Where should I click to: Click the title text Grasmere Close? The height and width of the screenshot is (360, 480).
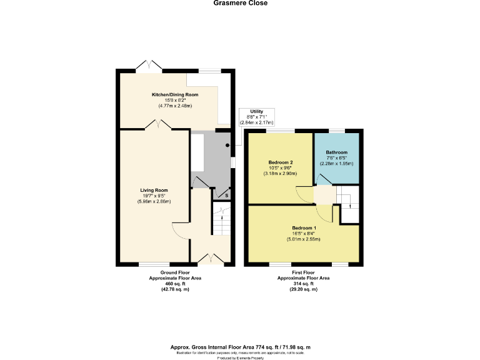[x=240, y=3]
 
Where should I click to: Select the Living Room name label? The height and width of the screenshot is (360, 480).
[x=154, y=190]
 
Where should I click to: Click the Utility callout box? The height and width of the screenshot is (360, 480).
[x=257, y=117]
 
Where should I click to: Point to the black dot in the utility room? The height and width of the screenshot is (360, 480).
[x=228, y=146]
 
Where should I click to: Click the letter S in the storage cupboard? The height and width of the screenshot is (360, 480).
[x=226, y=196]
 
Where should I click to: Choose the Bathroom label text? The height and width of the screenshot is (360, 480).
[x=336, y=152]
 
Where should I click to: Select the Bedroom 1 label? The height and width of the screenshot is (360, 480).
[x=304, y=227]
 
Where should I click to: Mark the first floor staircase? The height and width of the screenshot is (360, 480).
[x=347, y=204]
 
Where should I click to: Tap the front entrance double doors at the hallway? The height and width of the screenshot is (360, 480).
[x=209, y=257]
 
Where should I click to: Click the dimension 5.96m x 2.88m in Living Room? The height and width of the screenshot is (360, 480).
[x=154, y=202]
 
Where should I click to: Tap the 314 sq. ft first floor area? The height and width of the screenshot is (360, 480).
[x=303, y=284]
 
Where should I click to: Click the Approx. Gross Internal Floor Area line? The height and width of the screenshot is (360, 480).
[x=241, y=347]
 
